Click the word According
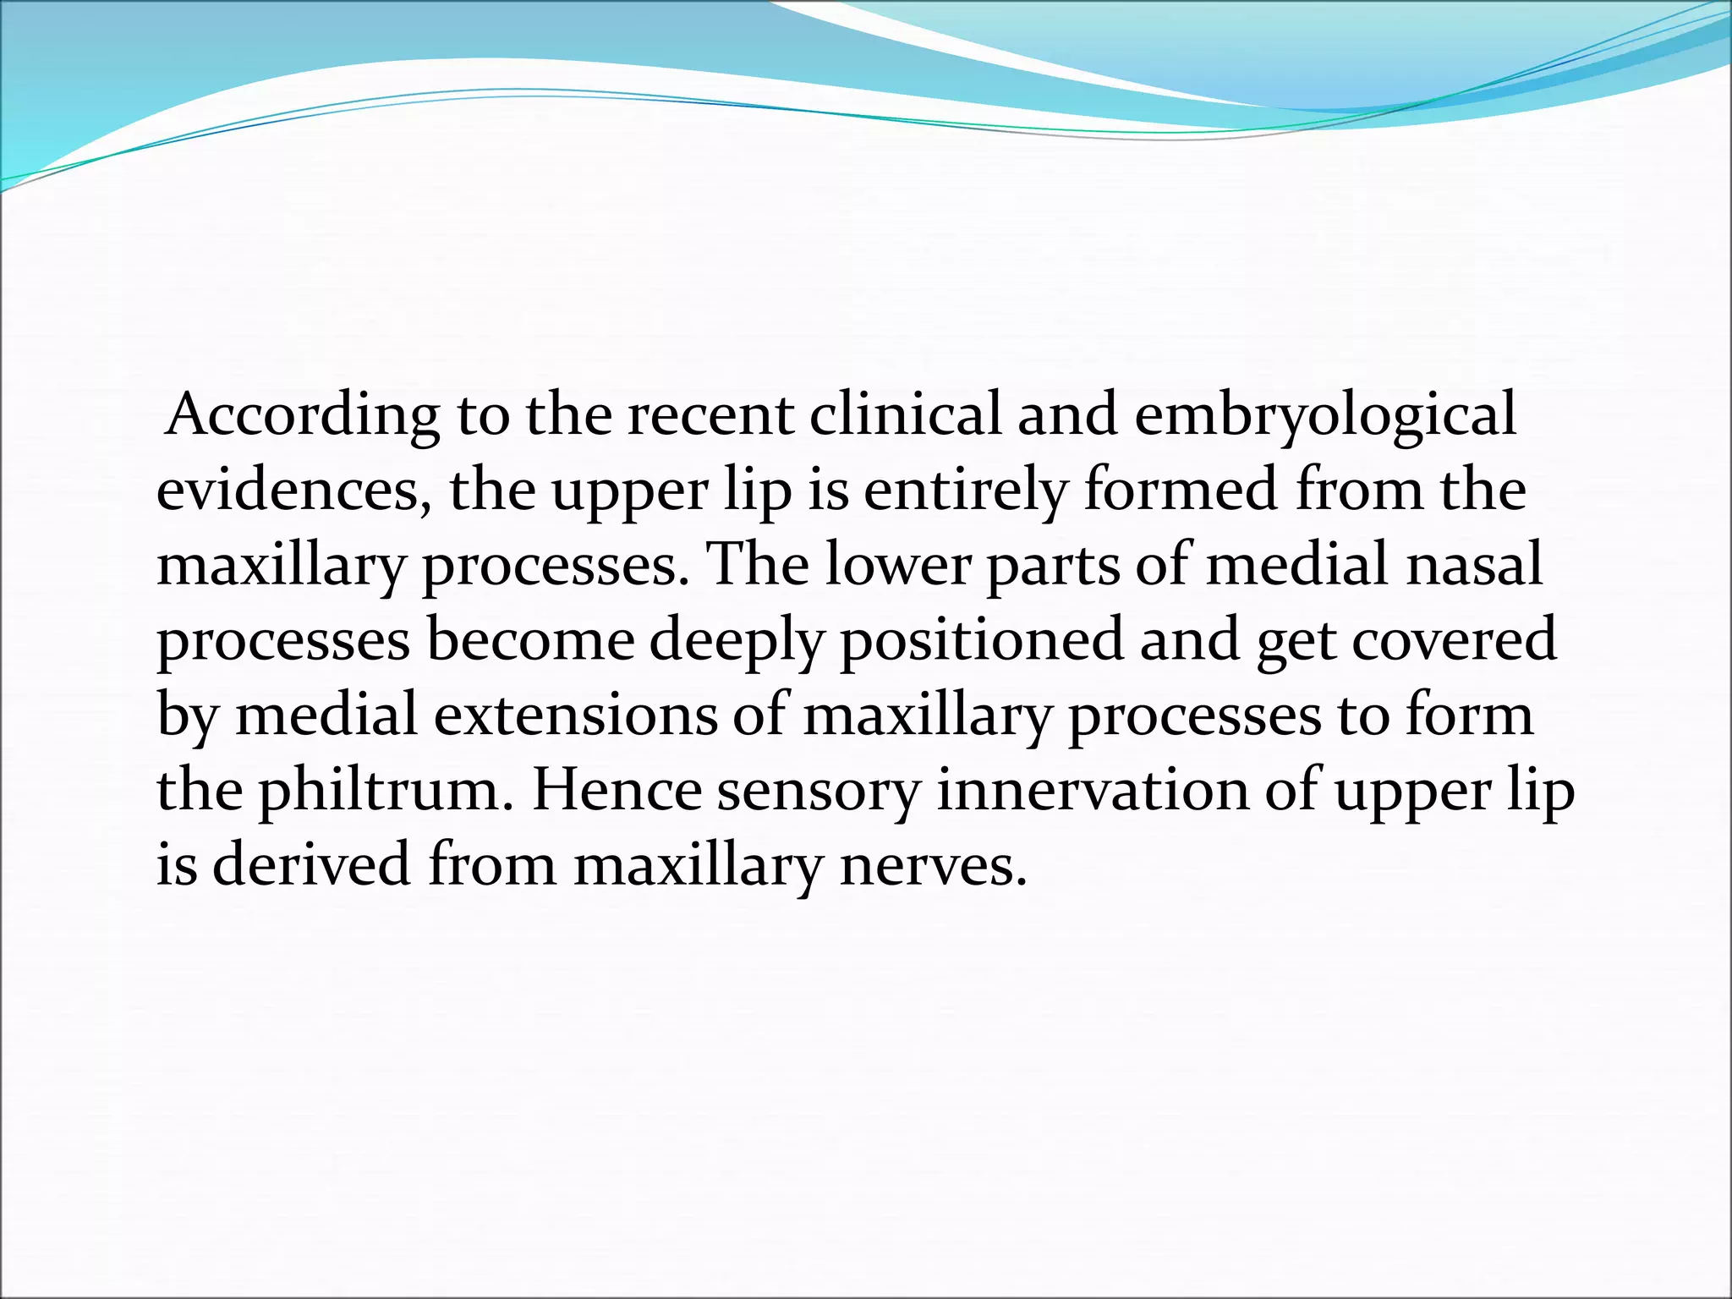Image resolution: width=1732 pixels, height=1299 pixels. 303,416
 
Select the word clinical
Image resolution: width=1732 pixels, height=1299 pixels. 904,416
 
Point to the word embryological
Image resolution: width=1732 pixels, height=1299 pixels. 1325,416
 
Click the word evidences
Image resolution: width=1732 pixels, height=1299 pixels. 288,491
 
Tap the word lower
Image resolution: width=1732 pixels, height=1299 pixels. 897,565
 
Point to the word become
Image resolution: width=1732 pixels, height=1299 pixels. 530,639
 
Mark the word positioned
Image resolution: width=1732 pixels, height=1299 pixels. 981,641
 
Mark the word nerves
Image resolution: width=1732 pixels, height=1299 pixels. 934,866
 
